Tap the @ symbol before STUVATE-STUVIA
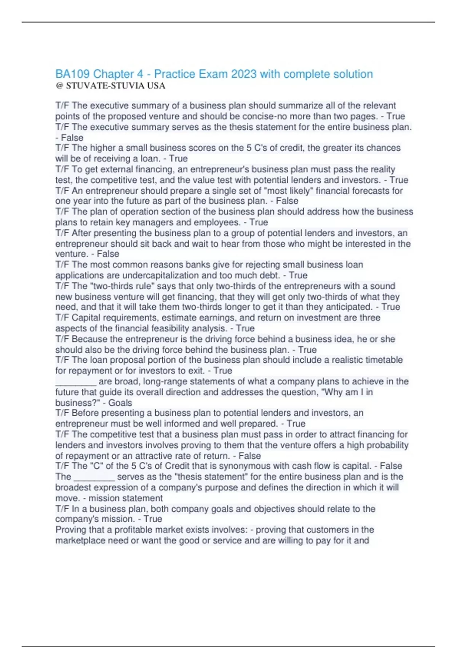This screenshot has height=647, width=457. click(x=59, y=86)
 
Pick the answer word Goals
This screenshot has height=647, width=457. click(x=120, y=403)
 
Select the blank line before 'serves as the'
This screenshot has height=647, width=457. click(x=94, y=477)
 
